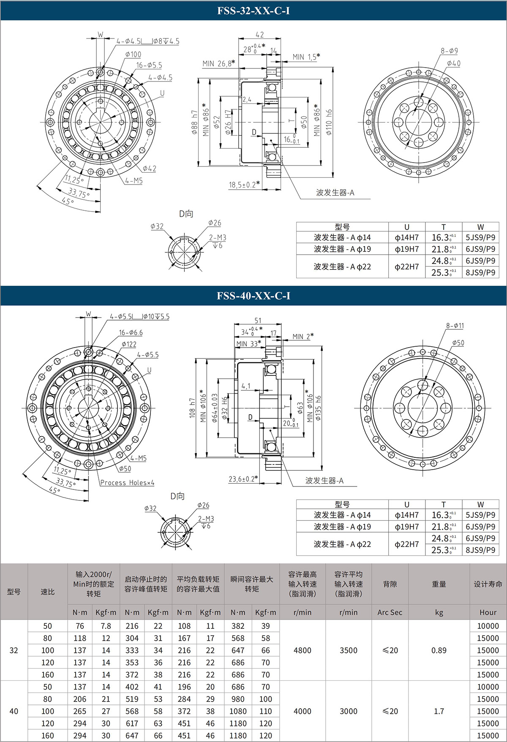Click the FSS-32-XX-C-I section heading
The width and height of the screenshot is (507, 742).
click(253, 11)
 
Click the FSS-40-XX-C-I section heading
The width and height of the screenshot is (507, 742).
click(253, 296)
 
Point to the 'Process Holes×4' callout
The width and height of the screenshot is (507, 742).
click(127, 483)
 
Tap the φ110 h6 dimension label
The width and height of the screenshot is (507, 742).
click(329, 122)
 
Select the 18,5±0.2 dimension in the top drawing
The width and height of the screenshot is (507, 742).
click(244, 185)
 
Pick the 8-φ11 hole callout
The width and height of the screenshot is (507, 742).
click(455, 326)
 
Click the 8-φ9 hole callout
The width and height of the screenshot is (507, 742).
click(449, 51)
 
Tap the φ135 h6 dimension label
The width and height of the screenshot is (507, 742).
click(318, 408)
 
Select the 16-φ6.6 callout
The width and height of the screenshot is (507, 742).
click(131, 333)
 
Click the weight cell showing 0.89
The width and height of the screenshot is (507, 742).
click(439, 650)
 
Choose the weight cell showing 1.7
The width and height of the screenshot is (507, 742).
click(439, 711)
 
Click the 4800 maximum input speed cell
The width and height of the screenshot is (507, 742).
click(302, 650)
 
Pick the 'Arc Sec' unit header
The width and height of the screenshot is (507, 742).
click(390, 612)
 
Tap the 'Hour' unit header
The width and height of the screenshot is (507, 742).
click(488, 612)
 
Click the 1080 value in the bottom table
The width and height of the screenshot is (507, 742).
click(238, 711)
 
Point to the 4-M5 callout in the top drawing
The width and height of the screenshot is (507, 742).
click(134, 181)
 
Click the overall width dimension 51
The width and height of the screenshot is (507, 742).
click(258, 321)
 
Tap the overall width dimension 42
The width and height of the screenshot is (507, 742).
click(259, 35)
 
